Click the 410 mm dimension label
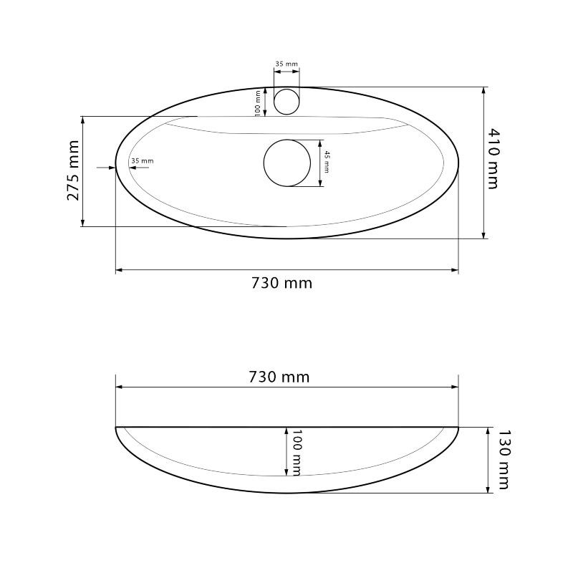click(x=493, y=158)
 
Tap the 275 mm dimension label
click(x=73, y=170)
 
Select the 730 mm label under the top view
click(x=281, y=283)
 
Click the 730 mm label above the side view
click(x=279, y=377)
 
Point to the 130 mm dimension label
click(x=504, y=459)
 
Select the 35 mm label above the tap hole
click(x=286, y=64)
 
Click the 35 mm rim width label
click(x=143, y=160)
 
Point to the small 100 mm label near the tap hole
click(x=258, y=102)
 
